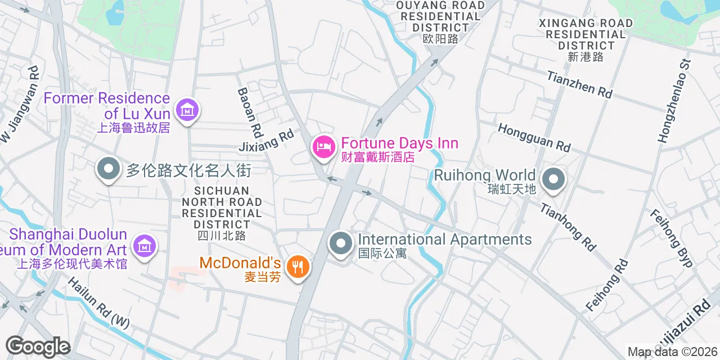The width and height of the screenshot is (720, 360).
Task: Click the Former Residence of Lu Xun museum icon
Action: (187, 110)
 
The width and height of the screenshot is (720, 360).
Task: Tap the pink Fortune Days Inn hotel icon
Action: (323, 147)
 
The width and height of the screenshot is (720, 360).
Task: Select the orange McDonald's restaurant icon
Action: (297, 265)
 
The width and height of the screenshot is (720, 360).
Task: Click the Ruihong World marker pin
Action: (553, 180)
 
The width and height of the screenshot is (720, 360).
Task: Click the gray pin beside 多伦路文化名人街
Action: (107, 169)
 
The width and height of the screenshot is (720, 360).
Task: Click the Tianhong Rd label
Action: (568, 226)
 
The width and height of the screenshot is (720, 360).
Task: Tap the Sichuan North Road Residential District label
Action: (222, 213)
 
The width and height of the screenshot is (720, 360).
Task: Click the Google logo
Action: (38, 346)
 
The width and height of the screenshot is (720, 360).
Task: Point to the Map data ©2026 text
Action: (672, 352)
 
